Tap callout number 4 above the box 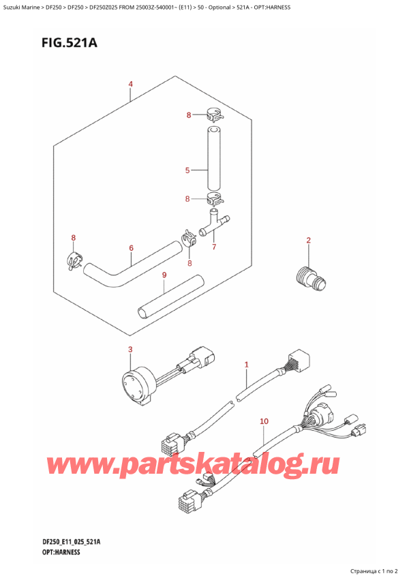pos(131,85)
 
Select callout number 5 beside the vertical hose pos(187,170)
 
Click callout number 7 pos(214,247)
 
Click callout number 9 pos(164,275)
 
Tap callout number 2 pos(309,241)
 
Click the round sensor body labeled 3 pos(137,383)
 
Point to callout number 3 pos(130,350)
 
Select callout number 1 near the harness pos(246,365)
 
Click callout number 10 pos(264,421)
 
